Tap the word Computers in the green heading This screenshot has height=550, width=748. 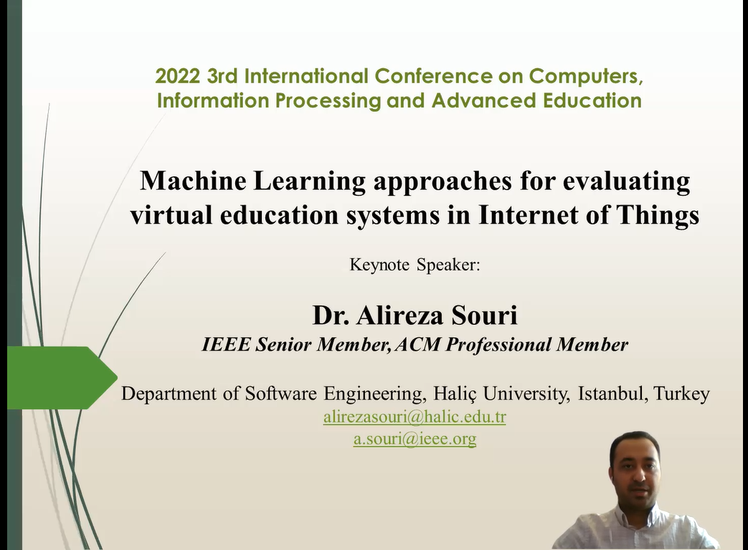tap(580, 76)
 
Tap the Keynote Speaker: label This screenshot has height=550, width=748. tap(415, 265)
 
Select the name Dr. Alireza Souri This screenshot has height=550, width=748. tap(415, 315)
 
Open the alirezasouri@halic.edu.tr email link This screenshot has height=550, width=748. tap(415, 417)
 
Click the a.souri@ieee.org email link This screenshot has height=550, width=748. tap(415, 439)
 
